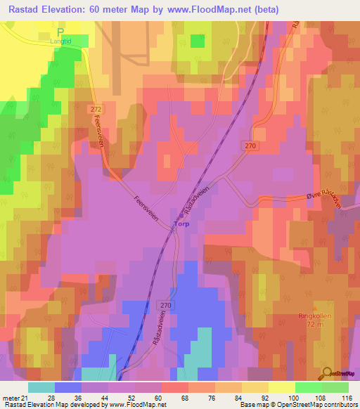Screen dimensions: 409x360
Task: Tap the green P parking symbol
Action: click(x=60, y=32)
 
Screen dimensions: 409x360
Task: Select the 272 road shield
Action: click(x=96, y=110)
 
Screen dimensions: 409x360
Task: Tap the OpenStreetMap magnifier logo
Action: click(x=326, y=373)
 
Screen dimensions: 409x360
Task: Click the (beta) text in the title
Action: click(x=266, y=10)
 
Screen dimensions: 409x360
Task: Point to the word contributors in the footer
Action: click(x=340, y=405)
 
